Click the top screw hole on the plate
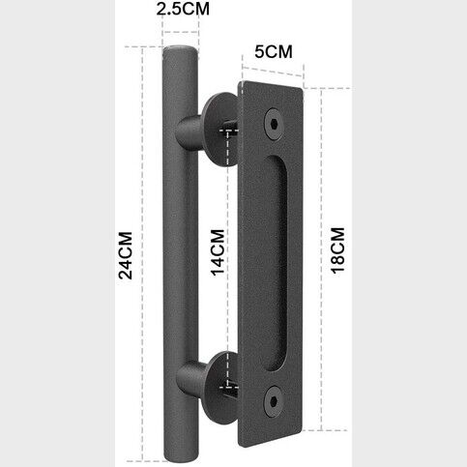pos(277,124)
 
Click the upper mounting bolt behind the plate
pos(231,127)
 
